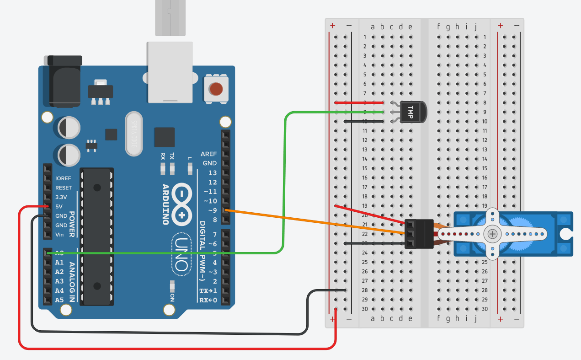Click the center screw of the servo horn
pos(492,234)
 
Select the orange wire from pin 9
pos(315,222)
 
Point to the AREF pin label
pos(208,154)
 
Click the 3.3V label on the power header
pos(61,197)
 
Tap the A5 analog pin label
pos(59,300)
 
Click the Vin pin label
pos(59,235)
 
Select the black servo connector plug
pos(419,234)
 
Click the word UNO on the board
pos(181,254)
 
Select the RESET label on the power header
pos(64,188)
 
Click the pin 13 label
pos(212,172)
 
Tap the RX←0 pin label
pos(208,300)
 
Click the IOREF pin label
pos(63,178)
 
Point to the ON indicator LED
pos(172,286)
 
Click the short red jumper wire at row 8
pos(359,102)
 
